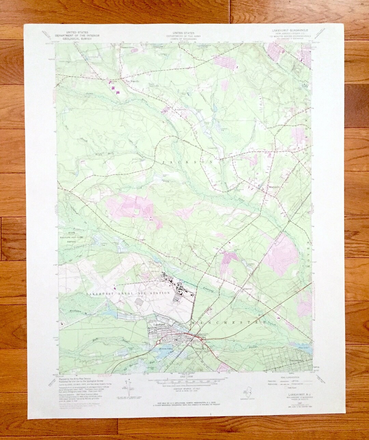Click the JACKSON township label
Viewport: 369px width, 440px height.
click(x=188, y=162)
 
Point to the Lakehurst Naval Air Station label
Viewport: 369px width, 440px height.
click(x=128, y=293)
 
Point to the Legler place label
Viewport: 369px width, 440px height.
click(x=142, y=239)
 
